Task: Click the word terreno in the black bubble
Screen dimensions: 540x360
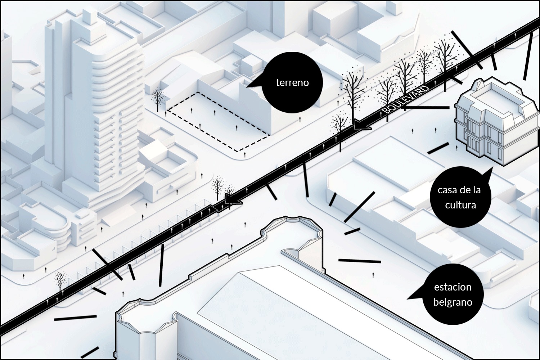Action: [x=292, y=83]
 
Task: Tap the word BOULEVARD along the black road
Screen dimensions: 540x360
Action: [x=406, y=99]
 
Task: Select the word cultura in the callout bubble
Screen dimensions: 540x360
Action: [x=460, y=205]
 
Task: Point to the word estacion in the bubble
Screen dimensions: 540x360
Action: [x=453, y=287]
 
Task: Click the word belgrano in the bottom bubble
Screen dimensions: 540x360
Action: [x=453, y=302]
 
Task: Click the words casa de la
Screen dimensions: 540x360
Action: [x=459, y=190]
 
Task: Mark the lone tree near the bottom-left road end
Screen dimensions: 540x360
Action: [x=60, y=280]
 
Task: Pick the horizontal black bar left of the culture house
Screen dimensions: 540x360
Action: [x=427, y=107]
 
